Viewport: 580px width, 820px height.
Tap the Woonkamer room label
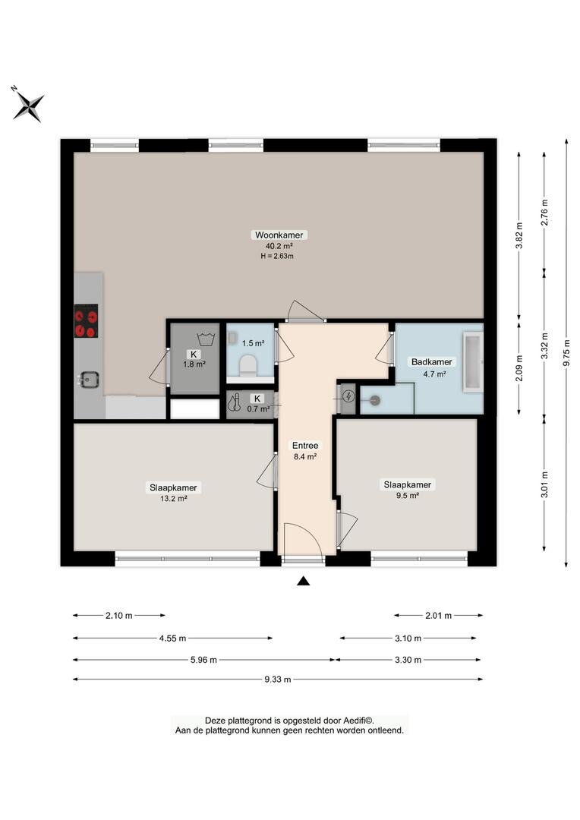pos(279,235)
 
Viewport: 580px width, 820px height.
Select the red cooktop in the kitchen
pos(86,321)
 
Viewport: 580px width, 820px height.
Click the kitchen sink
pos(89,379)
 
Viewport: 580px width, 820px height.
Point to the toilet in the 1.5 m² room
pos(247,364)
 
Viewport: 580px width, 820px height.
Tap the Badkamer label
pos(431,362)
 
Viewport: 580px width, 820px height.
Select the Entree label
pos(305,446)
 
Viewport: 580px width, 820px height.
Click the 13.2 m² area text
pos(174,499)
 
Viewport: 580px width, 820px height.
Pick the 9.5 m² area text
pos(408,496)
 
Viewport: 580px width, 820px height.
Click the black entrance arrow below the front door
pos(303,581)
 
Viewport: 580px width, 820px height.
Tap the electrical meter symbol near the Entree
pos(348,396)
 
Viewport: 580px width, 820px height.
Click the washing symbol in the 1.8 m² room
pos(206,339)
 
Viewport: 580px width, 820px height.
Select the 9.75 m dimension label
pos(566,354)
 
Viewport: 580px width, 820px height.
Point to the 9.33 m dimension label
pos(278,680)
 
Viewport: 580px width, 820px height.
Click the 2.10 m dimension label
pos(118,616)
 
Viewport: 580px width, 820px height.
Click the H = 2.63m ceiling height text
pos(277,257)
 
